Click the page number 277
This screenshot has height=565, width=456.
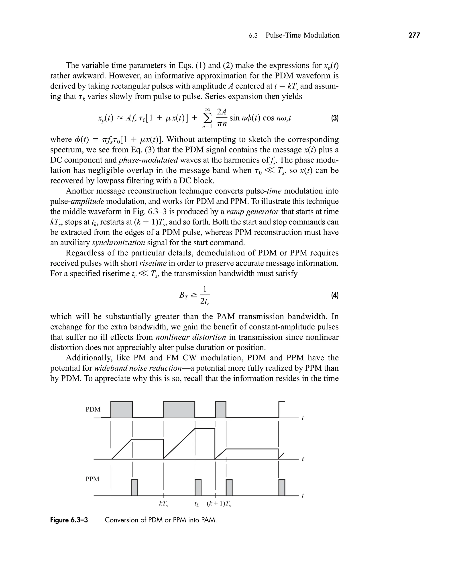pyautogui.click(x=414, y=35)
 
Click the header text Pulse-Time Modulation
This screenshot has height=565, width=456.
pyautogui.click(x=302, y=35)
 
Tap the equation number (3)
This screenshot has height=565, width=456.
pyautogui.click(x=335, y=118)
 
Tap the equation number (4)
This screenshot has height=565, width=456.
pyautogui.click(x=335, y=295)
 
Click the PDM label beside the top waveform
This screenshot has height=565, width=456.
pyautogui.click(x=93, y=409)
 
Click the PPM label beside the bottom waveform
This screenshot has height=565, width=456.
pyautogui.click(x=92, y=479)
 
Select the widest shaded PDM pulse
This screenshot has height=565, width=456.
pyautogui.click(x=179, y=410)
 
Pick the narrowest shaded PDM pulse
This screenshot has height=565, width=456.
pyautogui.click(x=221, y=410)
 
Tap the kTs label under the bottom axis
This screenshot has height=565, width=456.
pyautogui.click(x=163, y=504)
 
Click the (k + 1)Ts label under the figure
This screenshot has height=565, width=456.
pyautogui.click(x=219, y=504)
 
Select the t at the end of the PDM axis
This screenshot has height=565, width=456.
pyautogui.click(x=303, y=418)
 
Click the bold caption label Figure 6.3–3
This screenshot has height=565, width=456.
pyautogui.click(x=69, y=520)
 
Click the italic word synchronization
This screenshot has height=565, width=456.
pyautogui.click(x=118, y=242)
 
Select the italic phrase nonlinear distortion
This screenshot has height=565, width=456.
pyautogui.click(x=191, y=337)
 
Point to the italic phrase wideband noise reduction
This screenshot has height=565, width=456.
pyautogui.click(x=138, y=368)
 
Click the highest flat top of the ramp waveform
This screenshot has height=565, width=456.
pyautogui.click(x=205, y=429)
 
